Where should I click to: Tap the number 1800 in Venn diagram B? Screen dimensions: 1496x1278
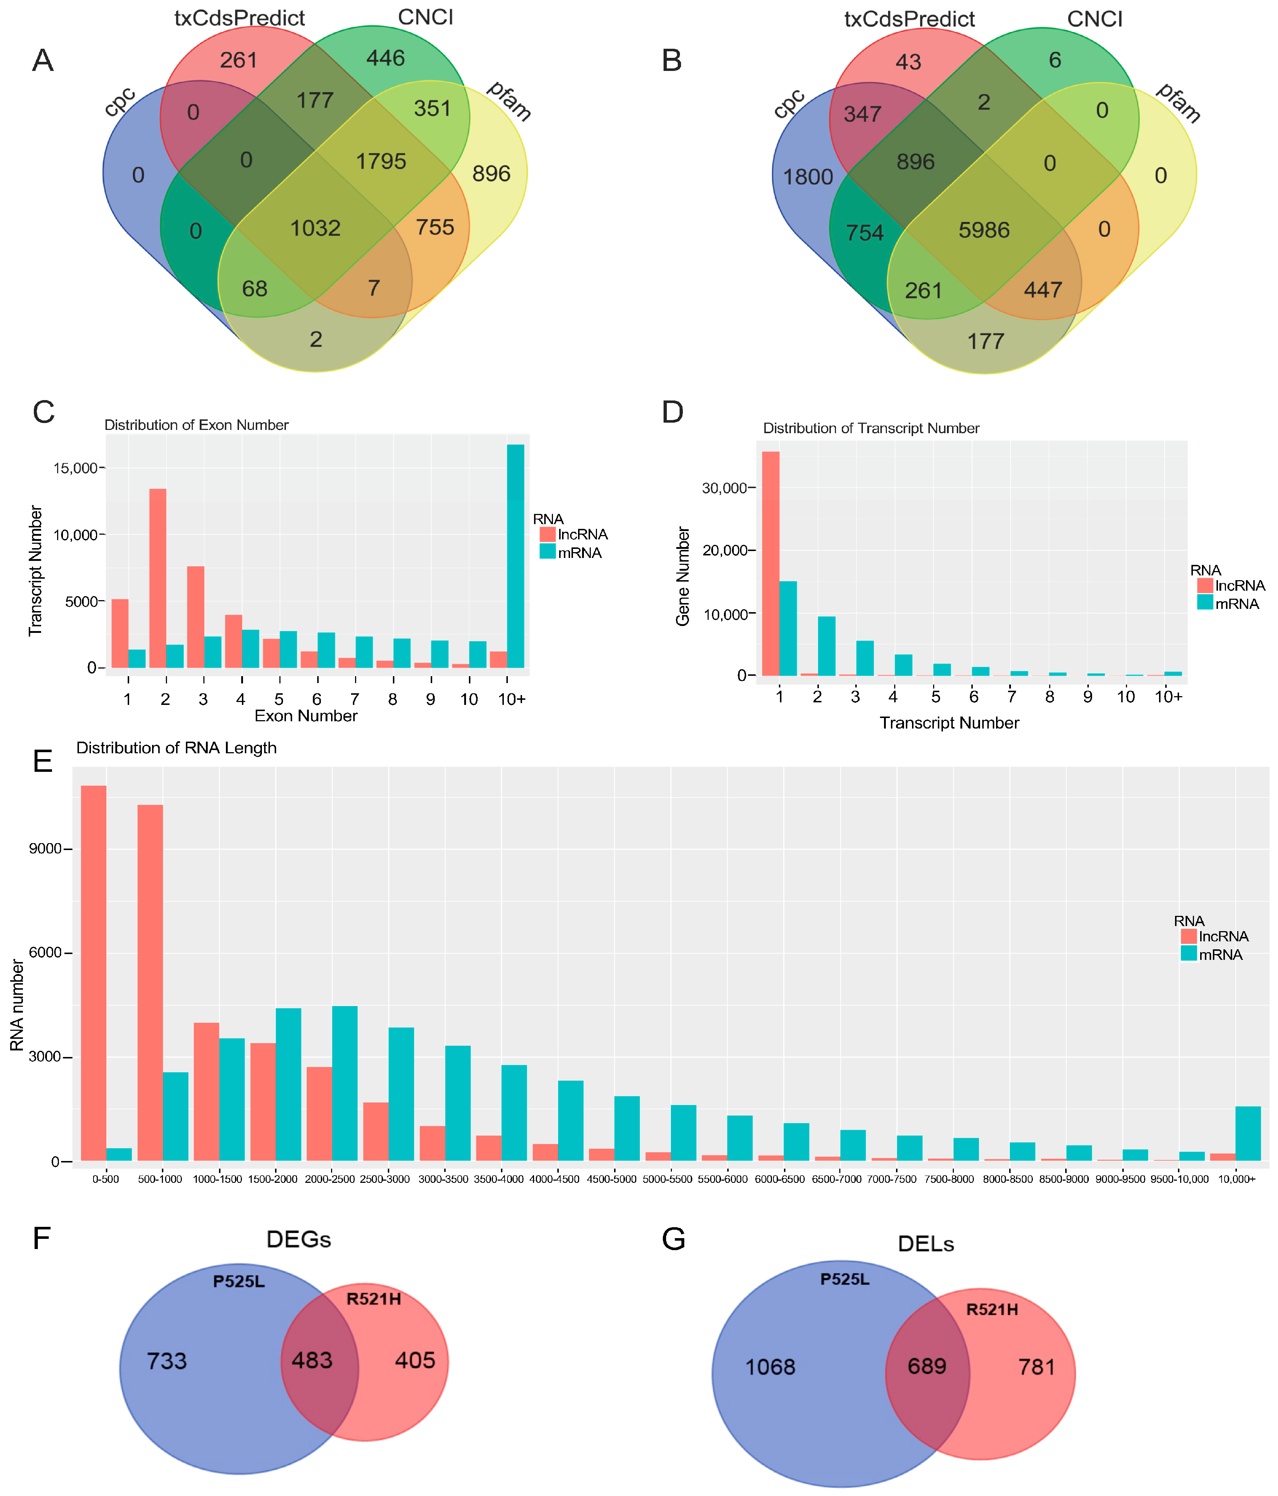coord(808,177)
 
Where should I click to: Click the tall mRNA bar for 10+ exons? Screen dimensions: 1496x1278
coord(515,556)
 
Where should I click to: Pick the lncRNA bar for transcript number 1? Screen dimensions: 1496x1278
coord(771,563)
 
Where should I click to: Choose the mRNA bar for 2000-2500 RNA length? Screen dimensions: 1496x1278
coord(345,1083)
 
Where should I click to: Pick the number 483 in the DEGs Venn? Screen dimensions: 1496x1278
coord(312,1360)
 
